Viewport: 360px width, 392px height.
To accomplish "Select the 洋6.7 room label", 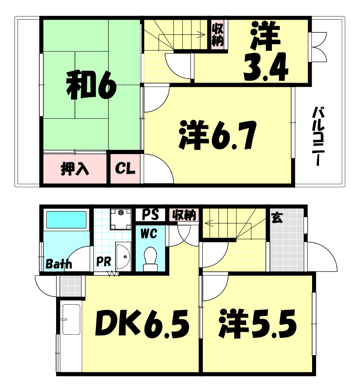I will tap(217, 135).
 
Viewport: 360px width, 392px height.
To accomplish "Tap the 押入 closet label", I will tap(75, 169).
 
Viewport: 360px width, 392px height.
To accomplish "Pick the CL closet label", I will tap(125, 168).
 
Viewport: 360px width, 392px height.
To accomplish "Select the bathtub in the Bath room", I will tap(66, 220).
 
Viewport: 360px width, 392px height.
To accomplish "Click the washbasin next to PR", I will tap(123, 256).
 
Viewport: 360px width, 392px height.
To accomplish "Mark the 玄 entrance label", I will tap(277, 218).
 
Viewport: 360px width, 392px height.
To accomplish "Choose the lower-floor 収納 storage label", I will tap(183, 214).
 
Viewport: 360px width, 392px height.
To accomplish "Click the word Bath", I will tap(59, 264).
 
